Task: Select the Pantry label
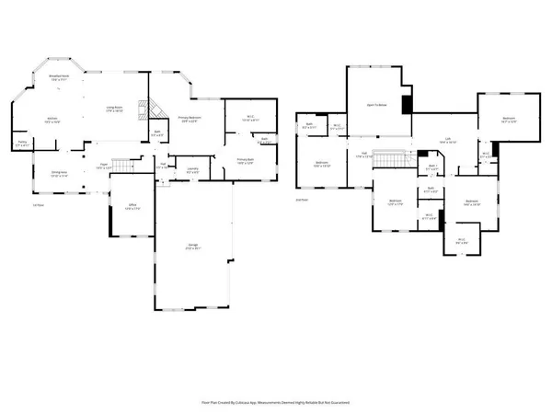pos(22,144)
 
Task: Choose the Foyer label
pos(104,167)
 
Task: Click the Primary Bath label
pos(245,161)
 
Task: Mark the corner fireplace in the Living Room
pos(140,109)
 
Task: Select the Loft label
pos(448,141)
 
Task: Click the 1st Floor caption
pos(38,204)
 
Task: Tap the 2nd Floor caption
pos(301,198)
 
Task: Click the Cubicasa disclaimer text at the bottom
pos(276,402)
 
